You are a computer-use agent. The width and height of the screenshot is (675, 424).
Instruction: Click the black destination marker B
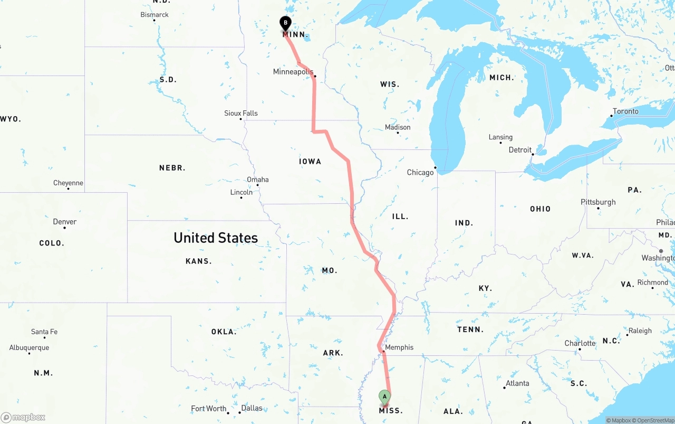pyautogui.click(x=285, y=23)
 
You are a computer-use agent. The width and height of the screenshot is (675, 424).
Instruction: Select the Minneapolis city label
pyautogui.click(x=293, y=72)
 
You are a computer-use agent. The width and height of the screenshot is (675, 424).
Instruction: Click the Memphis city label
pyautogui.click(x=399, y=347)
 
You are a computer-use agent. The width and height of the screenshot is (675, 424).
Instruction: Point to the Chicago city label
pyautogui.click(x=420, y=173)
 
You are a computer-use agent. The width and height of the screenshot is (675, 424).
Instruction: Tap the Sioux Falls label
pyautogui.click(x=241, y=113)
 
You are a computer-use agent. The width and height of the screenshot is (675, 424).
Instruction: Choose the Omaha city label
pyautogui.click(x=257, y=180)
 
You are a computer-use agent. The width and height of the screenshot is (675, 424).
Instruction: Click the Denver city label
pyautogui.click(x=65, y=222)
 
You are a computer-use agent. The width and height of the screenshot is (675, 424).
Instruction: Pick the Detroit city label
pyautogui.click(x=520, y=150)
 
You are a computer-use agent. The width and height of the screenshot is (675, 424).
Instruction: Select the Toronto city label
pyautogui.click(x=625, y=111)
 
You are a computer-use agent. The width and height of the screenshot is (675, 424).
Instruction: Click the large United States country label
pyautogui.click(x=216, y=238)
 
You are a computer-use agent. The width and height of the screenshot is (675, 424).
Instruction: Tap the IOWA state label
pyautogui.click(x=310, y=162)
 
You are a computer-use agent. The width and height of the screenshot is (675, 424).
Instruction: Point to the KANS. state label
pyautogui.click(x=199, y=261)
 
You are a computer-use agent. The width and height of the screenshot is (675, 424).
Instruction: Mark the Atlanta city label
pyautogui.click(x=517, y=383)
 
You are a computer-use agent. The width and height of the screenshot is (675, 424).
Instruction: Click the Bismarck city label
pyautogui.click(x=155, y=15)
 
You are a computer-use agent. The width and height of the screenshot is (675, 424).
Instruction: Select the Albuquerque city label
pyautogui.click(x=29, y=347)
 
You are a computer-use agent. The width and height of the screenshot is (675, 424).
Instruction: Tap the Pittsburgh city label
pyautogui.click(x=598, y=202)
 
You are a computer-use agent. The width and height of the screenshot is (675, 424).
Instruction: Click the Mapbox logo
pyautogui.click(x=23, y=417)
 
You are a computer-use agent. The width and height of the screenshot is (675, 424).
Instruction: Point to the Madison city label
pyautogui.click(x=398, y=127)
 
